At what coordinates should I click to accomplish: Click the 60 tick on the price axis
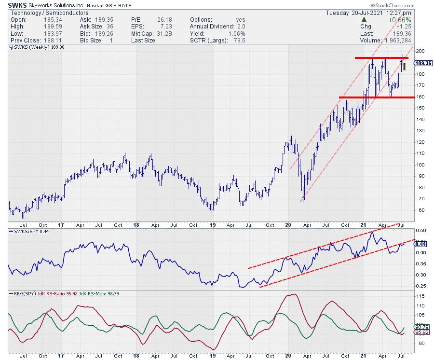tap(420, 210)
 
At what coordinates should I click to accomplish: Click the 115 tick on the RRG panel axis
tap(420, 296)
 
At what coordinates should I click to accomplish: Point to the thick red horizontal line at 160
tap(376, 97)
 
